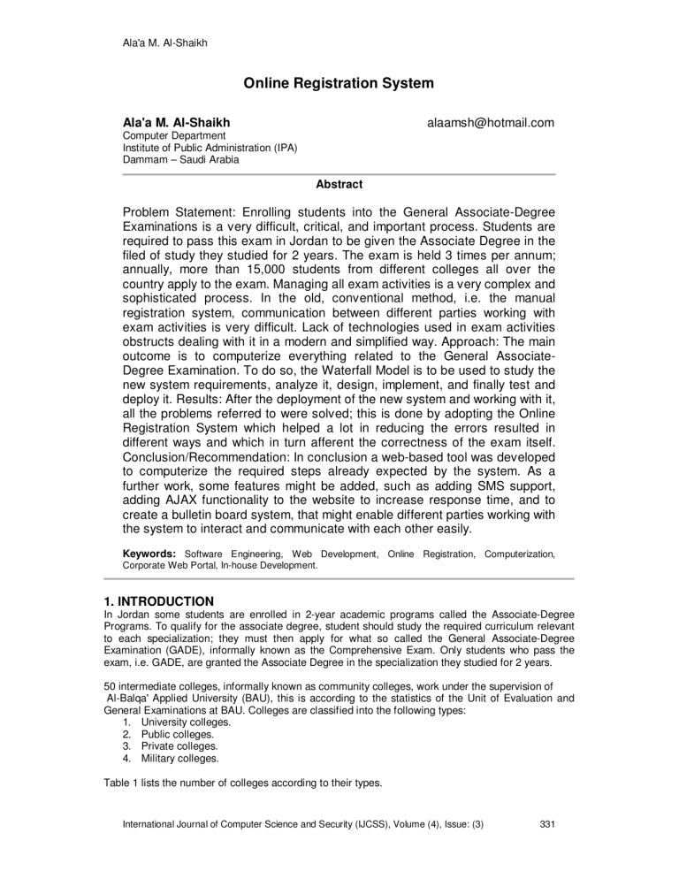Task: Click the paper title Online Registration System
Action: [339, 85]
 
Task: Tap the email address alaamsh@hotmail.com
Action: [489, 122]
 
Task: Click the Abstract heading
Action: [339, 185]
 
